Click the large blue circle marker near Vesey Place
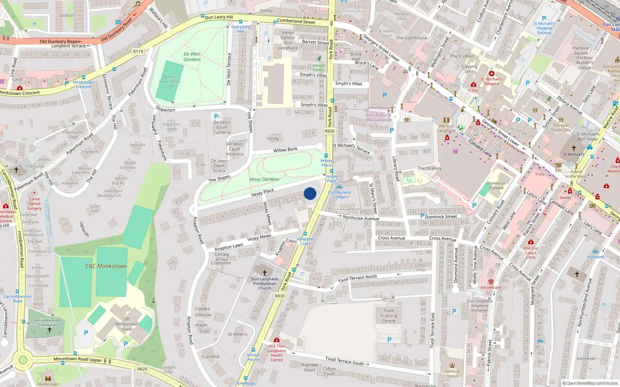click(310, 193)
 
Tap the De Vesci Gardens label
click(192, 57)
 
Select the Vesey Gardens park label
click(264, 179)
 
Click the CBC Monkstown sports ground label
click(106, 266)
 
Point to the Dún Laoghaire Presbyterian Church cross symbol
click(265, 273)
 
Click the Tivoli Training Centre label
click(389, 315)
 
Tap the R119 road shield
click(138, 51)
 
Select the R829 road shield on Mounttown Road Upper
click(142, 369)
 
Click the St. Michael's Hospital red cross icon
click(492, 74)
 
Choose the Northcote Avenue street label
click(361, 218)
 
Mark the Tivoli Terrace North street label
click(357, 278)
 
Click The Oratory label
click(429, 168)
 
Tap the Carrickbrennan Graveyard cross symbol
click(50, 330)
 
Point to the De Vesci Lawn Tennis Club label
click(170, 81)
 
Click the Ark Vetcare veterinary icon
click(491, 282)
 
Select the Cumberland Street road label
click(296, 21)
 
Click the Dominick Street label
click(441, 217)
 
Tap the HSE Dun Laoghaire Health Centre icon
click(276, 340)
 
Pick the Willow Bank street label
click(285, 150)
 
